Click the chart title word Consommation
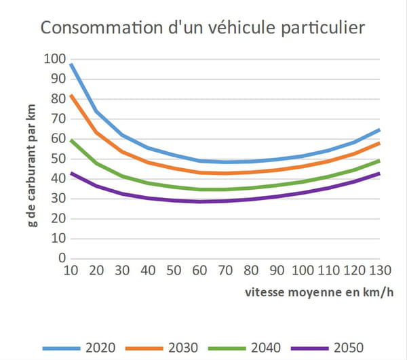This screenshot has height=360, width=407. click(x=100, y=28)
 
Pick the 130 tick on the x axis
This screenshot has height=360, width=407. click(x=379, y=271)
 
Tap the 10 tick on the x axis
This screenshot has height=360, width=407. click(x=71, y=271)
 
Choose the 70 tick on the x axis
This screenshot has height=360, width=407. click(x=225, y=271)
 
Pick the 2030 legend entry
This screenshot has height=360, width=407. click(x=182, y=348)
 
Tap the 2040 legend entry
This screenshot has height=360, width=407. click(x=263, y=348)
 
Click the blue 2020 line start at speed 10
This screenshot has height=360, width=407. click(x=71, y=64)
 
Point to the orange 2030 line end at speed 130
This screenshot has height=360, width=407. click(x=379, y=142)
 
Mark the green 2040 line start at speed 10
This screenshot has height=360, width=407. click(x=71, y=140)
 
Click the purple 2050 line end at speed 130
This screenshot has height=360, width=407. click(x=379, y=173)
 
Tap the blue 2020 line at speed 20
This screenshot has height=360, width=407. click(x=96, y=111)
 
